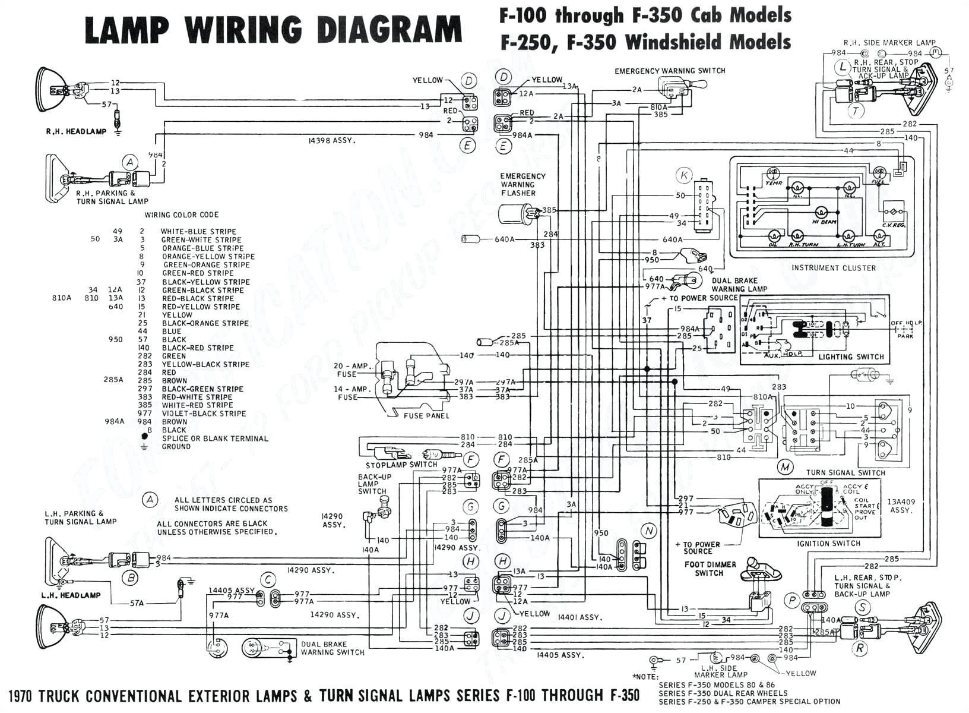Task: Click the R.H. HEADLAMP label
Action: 76,131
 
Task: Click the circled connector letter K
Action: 684,175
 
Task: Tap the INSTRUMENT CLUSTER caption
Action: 833,268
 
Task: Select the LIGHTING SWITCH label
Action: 851,357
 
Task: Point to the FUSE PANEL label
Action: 426,416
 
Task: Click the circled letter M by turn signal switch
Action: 786,467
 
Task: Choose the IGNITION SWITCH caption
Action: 829,543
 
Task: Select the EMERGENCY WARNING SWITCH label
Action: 670,71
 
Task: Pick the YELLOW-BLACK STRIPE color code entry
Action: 205,364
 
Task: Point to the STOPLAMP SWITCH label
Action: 401,465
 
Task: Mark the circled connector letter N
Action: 649,531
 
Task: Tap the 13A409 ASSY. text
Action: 901,506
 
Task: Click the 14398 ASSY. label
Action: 332,141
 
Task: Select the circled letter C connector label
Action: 269,579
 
